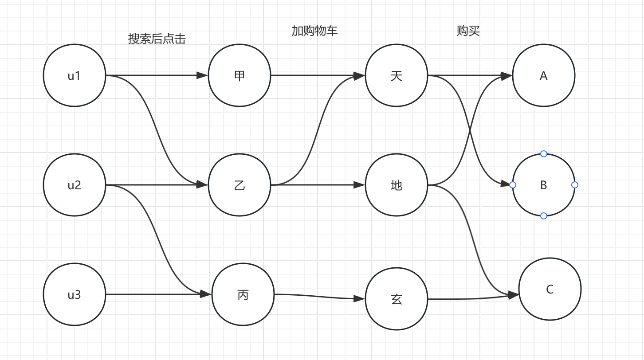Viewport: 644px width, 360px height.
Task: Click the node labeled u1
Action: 75,75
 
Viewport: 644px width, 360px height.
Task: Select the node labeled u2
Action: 75,185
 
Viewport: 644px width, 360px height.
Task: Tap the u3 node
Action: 75,294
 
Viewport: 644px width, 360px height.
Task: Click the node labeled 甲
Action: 240,75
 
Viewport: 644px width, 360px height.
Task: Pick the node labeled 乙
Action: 240,185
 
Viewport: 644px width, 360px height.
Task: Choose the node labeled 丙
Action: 243,294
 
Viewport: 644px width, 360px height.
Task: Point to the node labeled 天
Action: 397,75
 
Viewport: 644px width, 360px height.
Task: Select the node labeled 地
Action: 397,185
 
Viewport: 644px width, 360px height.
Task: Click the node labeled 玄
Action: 397,299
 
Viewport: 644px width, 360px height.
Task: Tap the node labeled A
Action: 544,75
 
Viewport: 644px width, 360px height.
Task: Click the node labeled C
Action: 550,289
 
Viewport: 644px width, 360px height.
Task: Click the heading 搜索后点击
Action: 157,39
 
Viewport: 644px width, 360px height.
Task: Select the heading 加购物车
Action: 314,31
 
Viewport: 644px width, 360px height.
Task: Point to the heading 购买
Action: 468,31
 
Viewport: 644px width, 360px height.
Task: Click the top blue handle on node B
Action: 544,154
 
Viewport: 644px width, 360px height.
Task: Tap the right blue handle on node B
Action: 575,184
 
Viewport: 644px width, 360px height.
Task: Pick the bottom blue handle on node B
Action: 544,216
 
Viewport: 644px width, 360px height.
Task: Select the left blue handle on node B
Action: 513,184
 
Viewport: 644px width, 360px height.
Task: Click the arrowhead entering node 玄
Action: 360,299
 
